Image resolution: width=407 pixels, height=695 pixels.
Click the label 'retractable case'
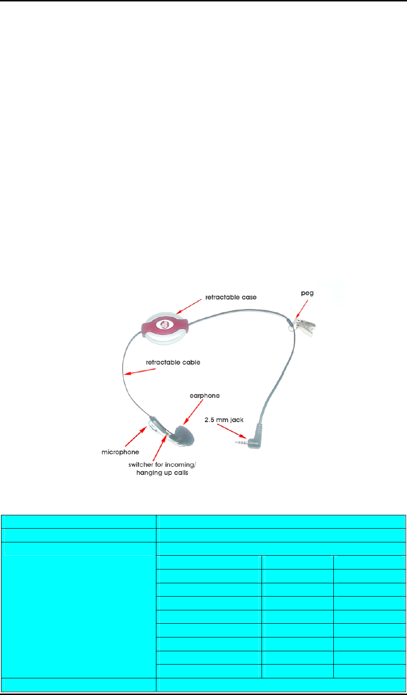click(231, 297)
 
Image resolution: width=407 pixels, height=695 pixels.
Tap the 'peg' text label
click(307, 293)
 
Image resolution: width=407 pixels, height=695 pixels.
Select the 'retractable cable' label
click(173, 362)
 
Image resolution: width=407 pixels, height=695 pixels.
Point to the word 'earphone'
click(204, 396)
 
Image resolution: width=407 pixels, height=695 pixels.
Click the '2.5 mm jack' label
click(224, 420)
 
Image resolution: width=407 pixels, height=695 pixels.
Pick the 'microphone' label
click(120, 452)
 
